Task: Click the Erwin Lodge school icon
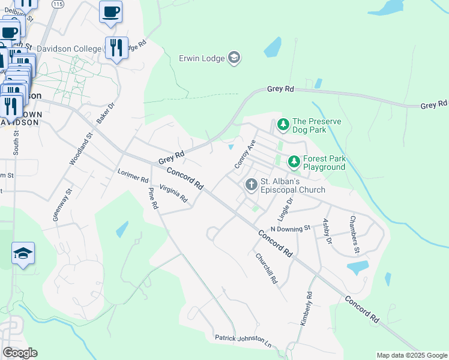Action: click(234, 58)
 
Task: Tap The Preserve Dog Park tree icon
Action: click(283, 125)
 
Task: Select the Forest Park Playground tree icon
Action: click(294, 162)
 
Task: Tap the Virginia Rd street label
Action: click(173, 193)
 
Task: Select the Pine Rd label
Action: click(154, 198)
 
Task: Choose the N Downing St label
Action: click(290, 228)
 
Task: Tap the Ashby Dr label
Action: click(328, 232)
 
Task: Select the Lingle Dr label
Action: click(290, 208)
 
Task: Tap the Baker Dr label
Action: click(105, 112)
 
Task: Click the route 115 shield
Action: click(57, 4)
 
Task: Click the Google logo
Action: click(20, 353)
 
